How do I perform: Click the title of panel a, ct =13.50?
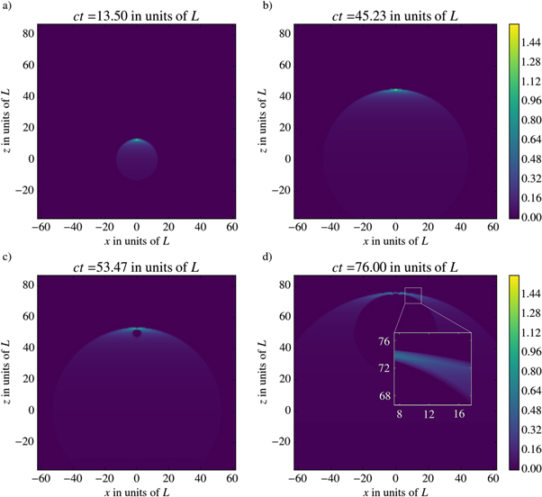(136, 12)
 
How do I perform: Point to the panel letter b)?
(266, 7)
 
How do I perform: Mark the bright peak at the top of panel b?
(395, 90)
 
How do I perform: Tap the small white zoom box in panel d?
(413, 294)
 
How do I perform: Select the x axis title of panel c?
(136, 490)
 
